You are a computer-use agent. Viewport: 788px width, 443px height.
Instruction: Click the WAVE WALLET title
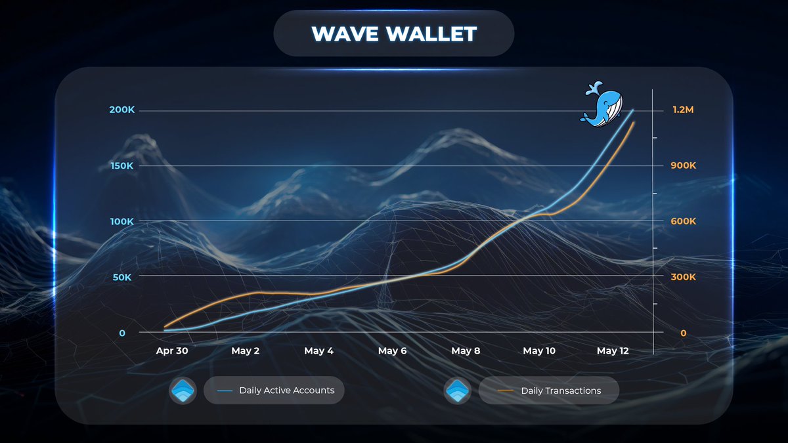pyautogui.click(x=393, y=33)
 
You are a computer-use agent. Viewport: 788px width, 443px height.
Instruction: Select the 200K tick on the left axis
pyautogui.click(x=121, y=110)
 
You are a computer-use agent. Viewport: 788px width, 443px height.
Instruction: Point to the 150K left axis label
pyautogui.click(x=121, y=165)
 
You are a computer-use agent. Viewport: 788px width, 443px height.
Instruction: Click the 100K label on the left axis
pyautogui.click(x=121, y=222)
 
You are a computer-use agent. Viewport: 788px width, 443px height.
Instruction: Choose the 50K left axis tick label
pyautogui.click(x=123, y=278)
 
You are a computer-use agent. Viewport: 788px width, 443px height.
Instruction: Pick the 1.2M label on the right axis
pyautogui.click(x=683, y=110)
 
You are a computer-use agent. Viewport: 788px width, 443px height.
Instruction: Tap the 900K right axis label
pyautogui.click(x=683, y=165)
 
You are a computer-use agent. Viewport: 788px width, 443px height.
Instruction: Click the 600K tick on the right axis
pyautogui.click(x=683, y=222)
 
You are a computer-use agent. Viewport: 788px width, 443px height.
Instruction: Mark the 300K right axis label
pyautogui.click(x=683, y=278)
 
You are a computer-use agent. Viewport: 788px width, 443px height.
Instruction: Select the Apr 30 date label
pyautogui.click(x=172, y=351)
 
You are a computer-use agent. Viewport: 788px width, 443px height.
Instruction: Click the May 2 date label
pyautogui.click(x=246, y=351)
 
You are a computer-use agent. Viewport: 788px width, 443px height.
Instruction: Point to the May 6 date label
pyautogui.click(x=392, y=351)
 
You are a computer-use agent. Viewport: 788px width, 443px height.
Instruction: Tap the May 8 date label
pyautogui.click(x=466, y=351)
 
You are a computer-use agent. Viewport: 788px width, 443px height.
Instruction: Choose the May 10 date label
pyautogui.click(x=539, y=351)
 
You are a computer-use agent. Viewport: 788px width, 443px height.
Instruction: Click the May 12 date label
pyautogui.click(x=613, y=351)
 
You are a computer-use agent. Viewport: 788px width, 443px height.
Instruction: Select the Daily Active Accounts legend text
pyautogui.click(x=286, y=390)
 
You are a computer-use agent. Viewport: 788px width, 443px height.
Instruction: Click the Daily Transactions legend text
pyautogui.click(x=561, y=391)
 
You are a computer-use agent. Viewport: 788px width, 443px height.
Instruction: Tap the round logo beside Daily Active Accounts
pyautogui.click(x=183, y=390)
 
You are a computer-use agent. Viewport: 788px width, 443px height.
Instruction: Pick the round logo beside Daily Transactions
pyautogui.click(x=457, y=390)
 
